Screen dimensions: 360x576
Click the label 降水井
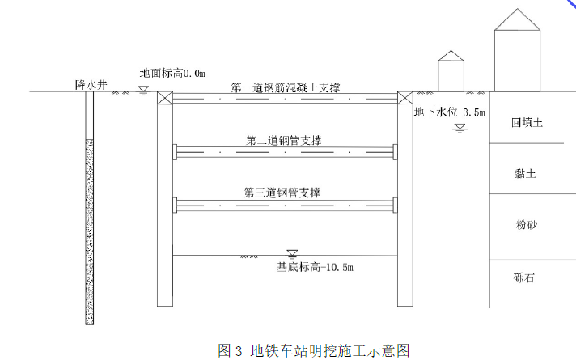click(x=91, y=84)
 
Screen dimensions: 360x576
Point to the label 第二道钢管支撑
click(x=284, y=141)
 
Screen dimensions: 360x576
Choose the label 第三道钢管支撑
click(x=282, y=193)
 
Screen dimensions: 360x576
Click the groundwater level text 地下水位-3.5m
click(x=449, y=112)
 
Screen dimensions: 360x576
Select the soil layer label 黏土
click(x=525, y=172)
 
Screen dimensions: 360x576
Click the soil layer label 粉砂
click(x=526, y=225)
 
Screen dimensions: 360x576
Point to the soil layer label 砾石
click(x=524, y=278)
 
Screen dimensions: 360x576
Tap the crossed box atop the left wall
click(x=165, y=98)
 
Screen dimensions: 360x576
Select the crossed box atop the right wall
click(x=404, y=98)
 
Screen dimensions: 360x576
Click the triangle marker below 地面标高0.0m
click(x=144, y=89)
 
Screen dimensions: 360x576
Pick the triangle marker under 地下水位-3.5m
click(x=460, y=127)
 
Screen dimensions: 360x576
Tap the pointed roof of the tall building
click(x=517, y=19)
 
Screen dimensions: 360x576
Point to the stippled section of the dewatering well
click(x=89, y=231)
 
